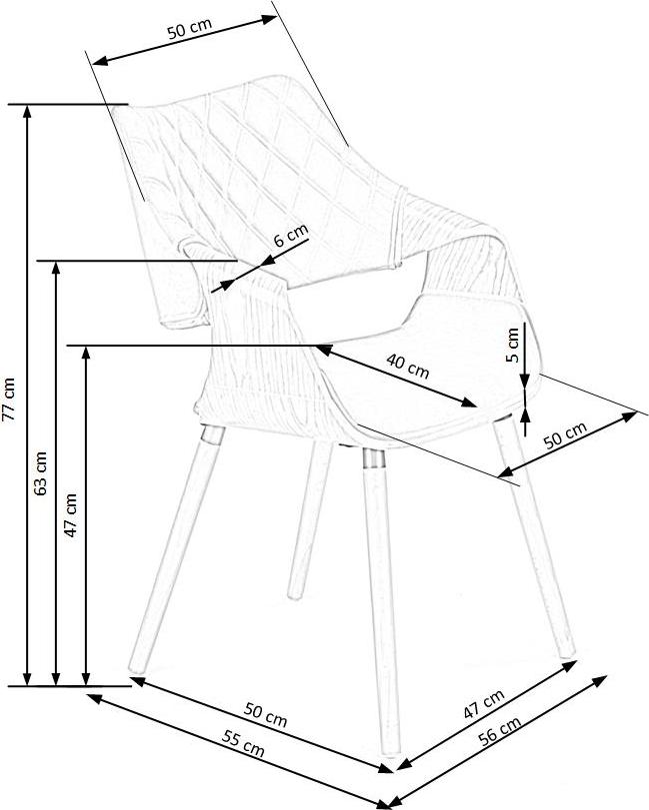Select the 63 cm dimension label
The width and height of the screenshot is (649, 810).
pos(41,472)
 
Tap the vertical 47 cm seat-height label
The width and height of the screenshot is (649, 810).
pos(71,515)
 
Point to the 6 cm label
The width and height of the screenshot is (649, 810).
pos(291,238)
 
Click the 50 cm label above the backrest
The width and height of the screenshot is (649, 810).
pos(189,30)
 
